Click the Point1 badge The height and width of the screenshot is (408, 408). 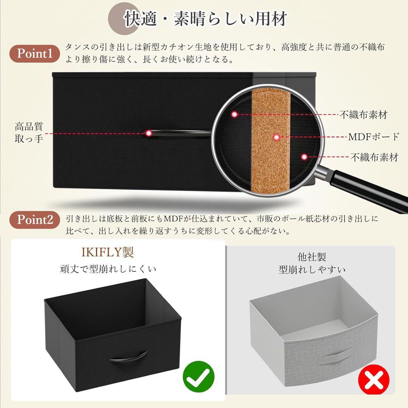(38, 53)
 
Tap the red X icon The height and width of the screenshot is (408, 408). (374, 382)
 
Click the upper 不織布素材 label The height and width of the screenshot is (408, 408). (363, 115)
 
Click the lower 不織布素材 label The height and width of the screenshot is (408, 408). (374, 157)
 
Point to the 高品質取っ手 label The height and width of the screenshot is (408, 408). (29, 132)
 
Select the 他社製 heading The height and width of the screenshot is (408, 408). (312, 257)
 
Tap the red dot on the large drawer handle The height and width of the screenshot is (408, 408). (148, 133)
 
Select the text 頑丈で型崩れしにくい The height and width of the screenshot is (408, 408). (108, 269)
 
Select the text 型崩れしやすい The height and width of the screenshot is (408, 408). (312, 270)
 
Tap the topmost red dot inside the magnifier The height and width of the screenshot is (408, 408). (235, 114)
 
